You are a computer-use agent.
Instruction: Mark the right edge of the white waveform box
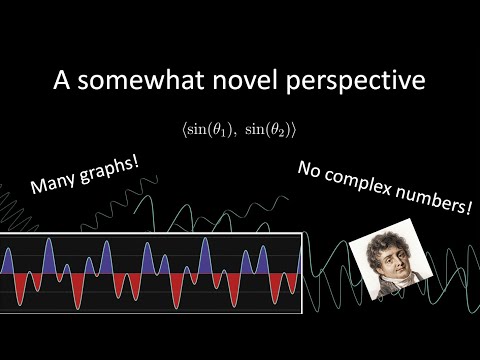(x=301, y=269)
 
